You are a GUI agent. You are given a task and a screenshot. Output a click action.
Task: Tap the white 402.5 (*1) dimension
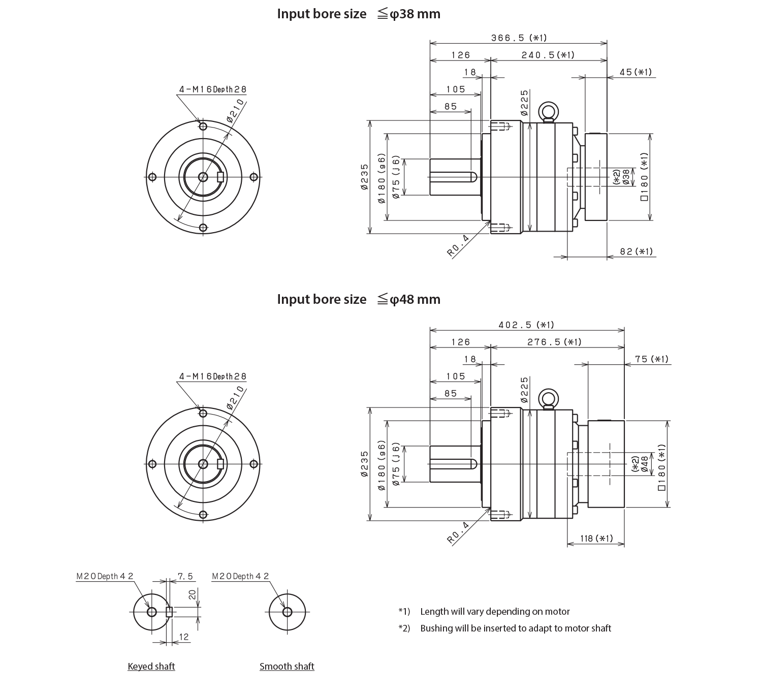click(526, 346)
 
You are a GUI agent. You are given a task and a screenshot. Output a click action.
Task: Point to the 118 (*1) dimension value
click(596, 539)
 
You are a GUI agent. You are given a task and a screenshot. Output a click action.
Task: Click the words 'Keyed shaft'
click(151, 666)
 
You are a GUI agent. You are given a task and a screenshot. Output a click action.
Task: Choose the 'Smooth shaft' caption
click(287, 666)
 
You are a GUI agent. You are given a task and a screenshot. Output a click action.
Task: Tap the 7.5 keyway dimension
click(185, 576)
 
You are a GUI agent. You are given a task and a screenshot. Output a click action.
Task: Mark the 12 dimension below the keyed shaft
click(183, 637)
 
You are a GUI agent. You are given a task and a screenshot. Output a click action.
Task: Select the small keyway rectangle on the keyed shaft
click(170, 611)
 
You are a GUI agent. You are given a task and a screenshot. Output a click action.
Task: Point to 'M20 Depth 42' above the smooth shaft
click(240, 576)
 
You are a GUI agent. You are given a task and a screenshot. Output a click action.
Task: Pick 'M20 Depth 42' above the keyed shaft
click(105, 576)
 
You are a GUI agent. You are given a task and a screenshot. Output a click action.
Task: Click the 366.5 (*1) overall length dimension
click(519, 38)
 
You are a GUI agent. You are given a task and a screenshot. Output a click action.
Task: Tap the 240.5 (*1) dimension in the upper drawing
click(548, 55)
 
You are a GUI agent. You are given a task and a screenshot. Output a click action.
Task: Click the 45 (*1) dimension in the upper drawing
click(636, 73)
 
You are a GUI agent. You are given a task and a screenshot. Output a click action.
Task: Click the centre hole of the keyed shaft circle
click(151, 612)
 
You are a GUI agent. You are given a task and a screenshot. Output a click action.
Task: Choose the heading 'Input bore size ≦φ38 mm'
click(358, 14)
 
